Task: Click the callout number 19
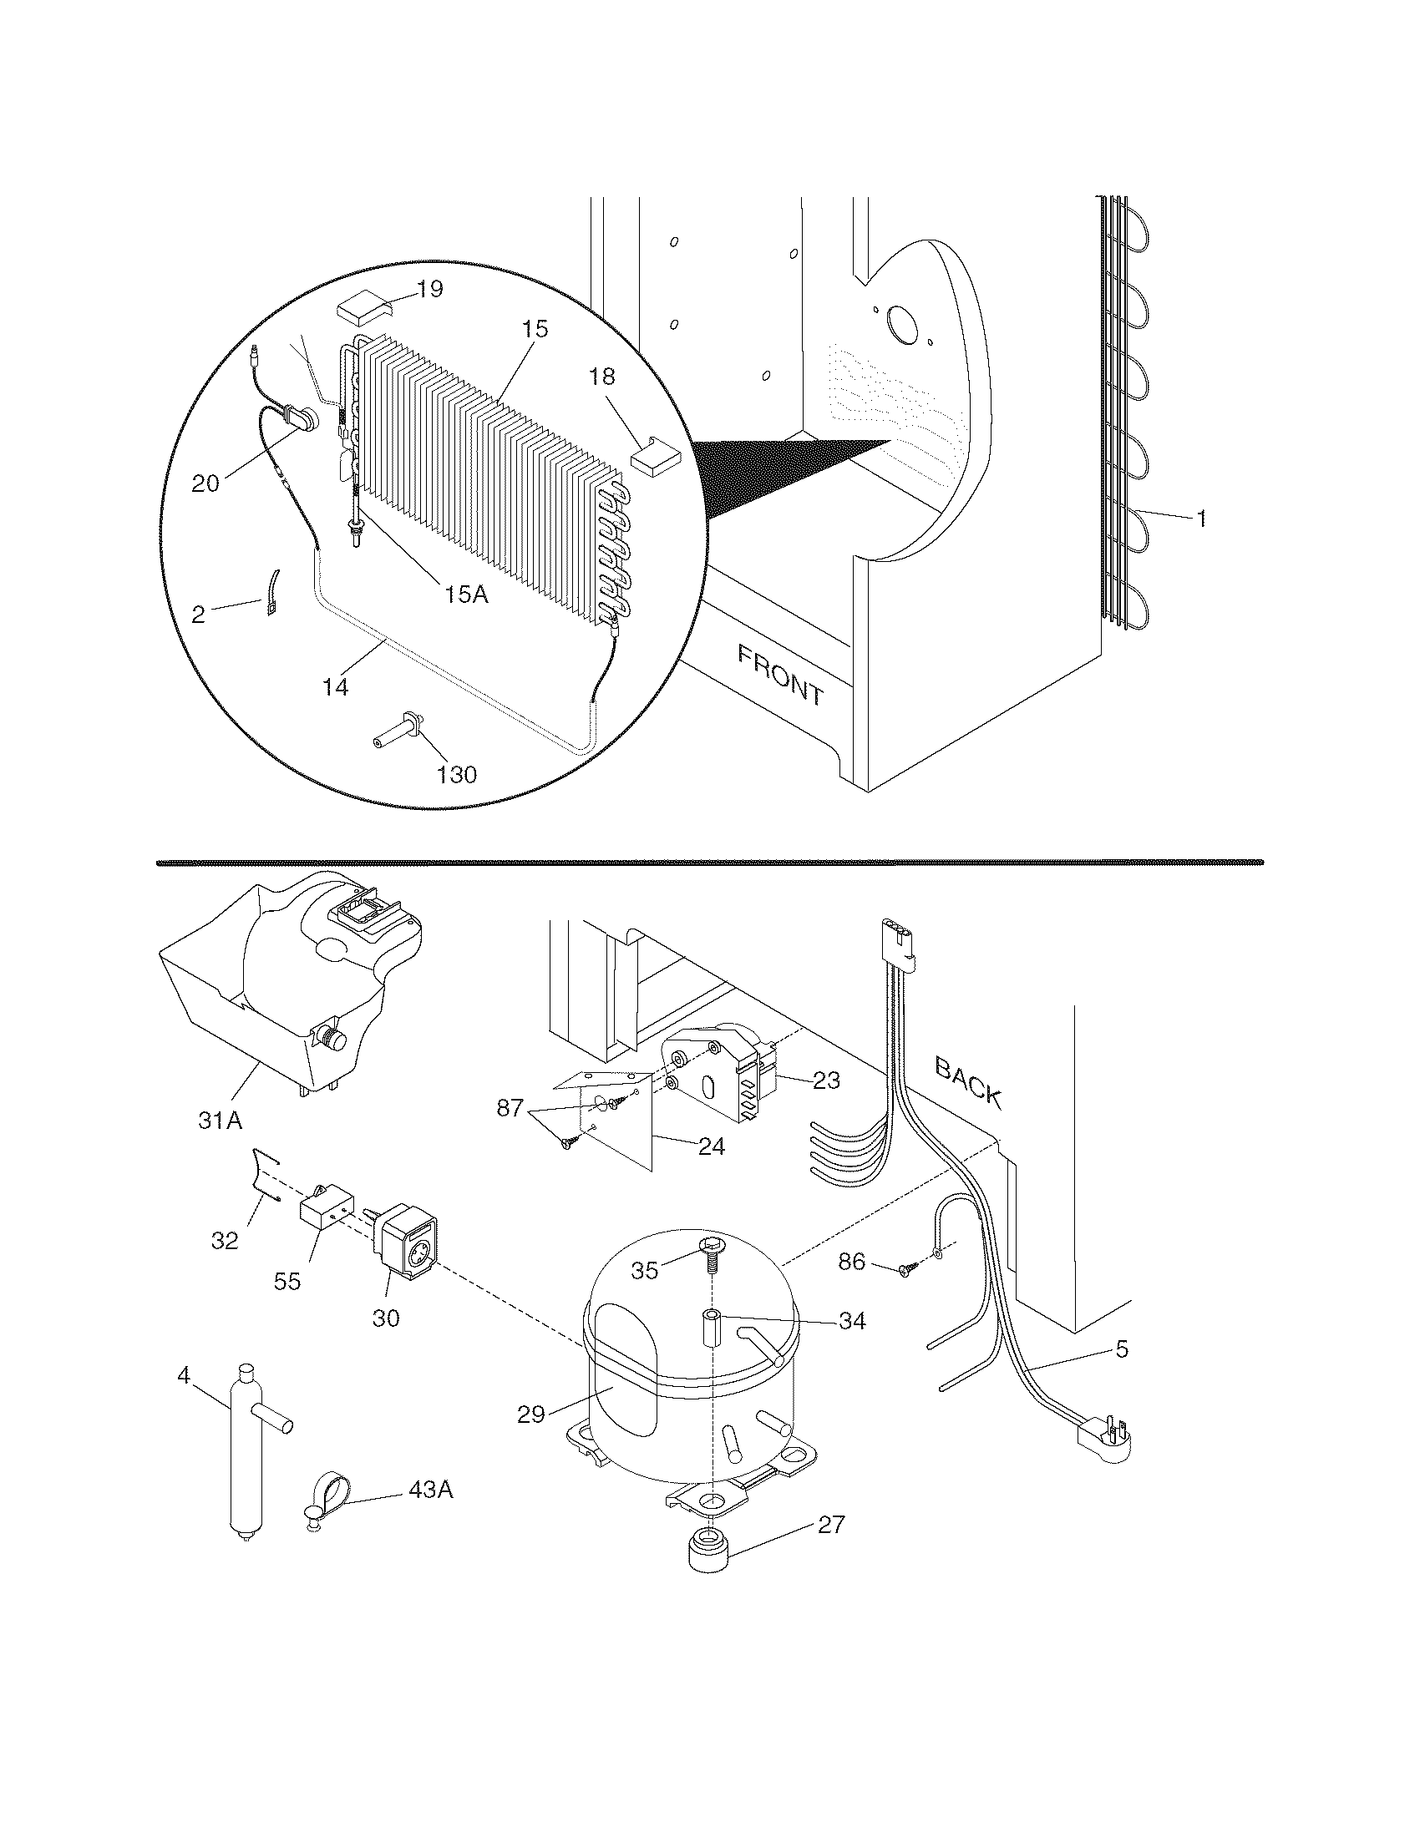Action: pyautogui.click(x=430, y=291)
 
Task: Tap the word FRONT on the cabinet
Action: pyautogui.click(x=780, y=675)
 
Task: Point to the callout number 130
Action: pyautogui.click(x=457, y=774)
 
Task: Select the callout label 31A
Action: pyautogui.click(x=221, y=1120)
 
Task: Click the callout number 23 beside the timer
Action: pyautogui.click(x=826, y=1080)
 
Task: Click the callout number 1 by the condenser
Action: pyautogui.click(x=1201, y=520)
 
